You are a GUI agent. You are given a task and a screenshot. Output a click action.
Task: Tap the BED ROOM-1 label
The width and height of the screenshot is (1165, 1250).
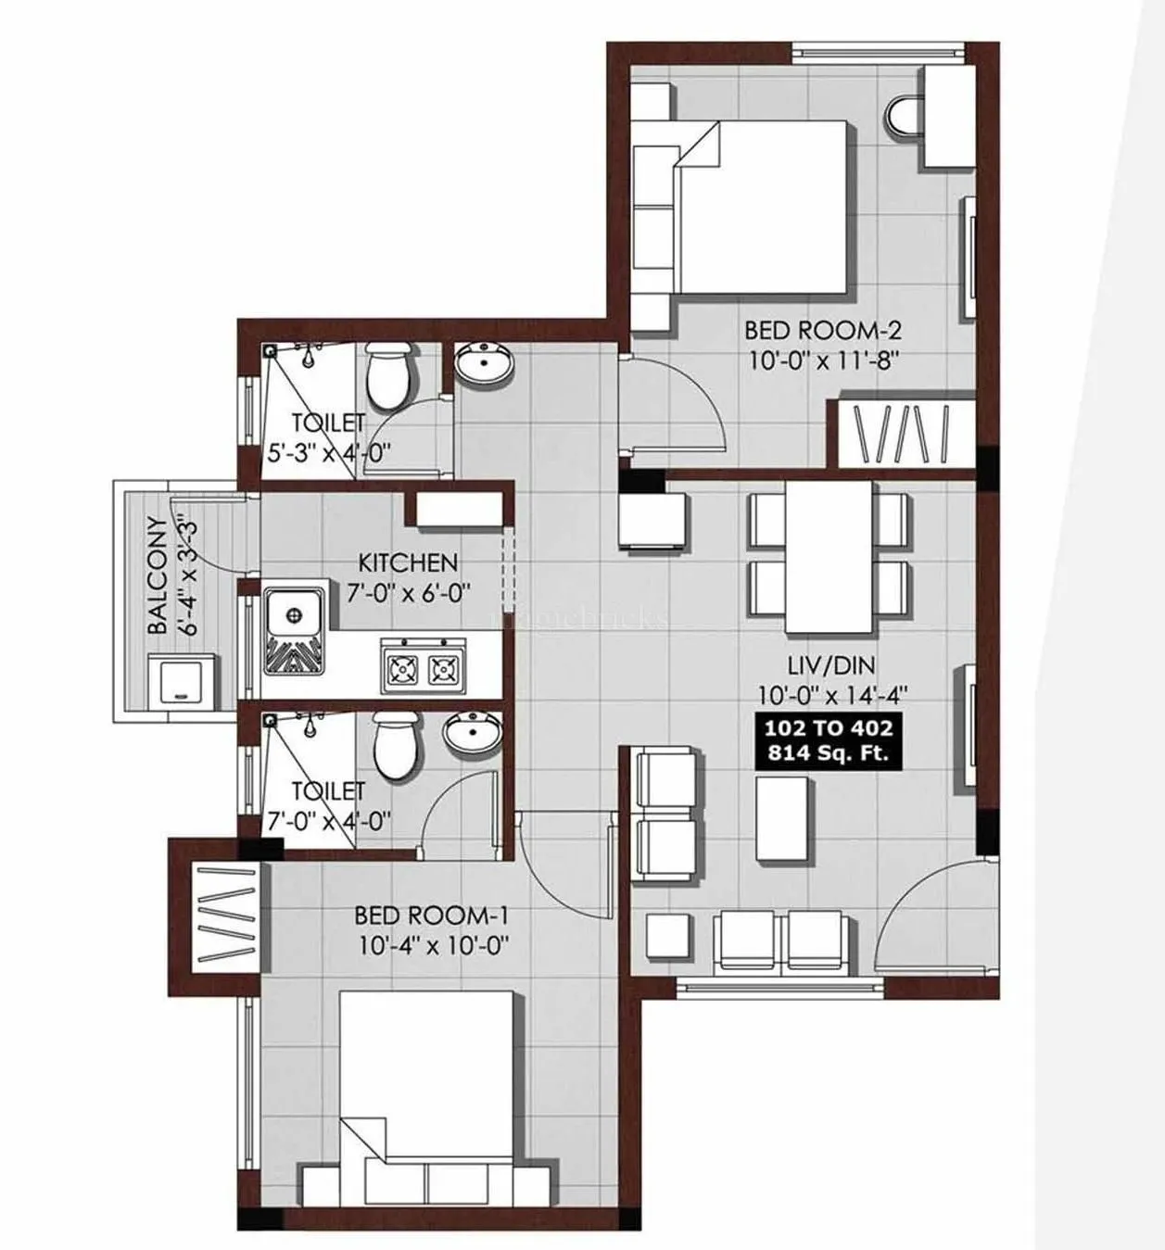point(432,915)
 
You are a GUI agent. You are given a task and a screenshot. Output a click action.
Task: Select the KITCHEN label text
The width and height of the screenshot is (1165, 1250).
point(408,562)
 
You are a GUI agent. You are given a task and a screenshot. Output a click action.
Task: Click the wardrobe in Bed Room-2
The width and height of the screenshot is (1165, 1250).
point(905,434)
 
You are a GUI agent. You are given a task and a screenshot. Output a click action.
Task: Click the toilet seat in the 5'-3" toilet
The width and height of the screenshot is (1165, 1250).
point(387,373)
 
